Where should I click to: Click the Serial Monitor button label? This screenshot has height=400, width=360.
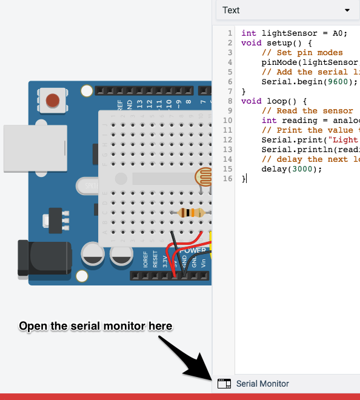click(262, 384)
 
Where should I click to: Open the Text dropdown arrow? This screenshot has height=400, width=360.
click(347, 10)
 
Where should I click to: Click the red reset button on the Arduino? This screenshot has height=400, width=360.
click(53, 99)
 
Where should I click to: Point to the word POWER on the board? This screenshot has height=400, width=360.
click(193, 250)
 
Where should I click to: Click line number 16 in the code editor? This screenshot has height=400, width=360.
click(228, 179)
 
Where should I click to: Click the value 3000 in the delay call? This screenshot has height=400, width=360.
click(304, 169)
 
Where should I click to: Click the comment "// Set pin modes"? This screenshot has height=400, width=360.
click(302, 53)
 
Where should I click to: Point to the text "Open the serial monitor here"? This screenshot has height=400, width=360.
click(96, 326)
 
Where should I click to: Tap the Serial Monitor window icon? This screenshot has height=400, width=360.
click(224, 384)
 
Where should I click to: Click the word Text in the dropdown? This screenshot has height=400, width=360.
click(231, 10)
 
